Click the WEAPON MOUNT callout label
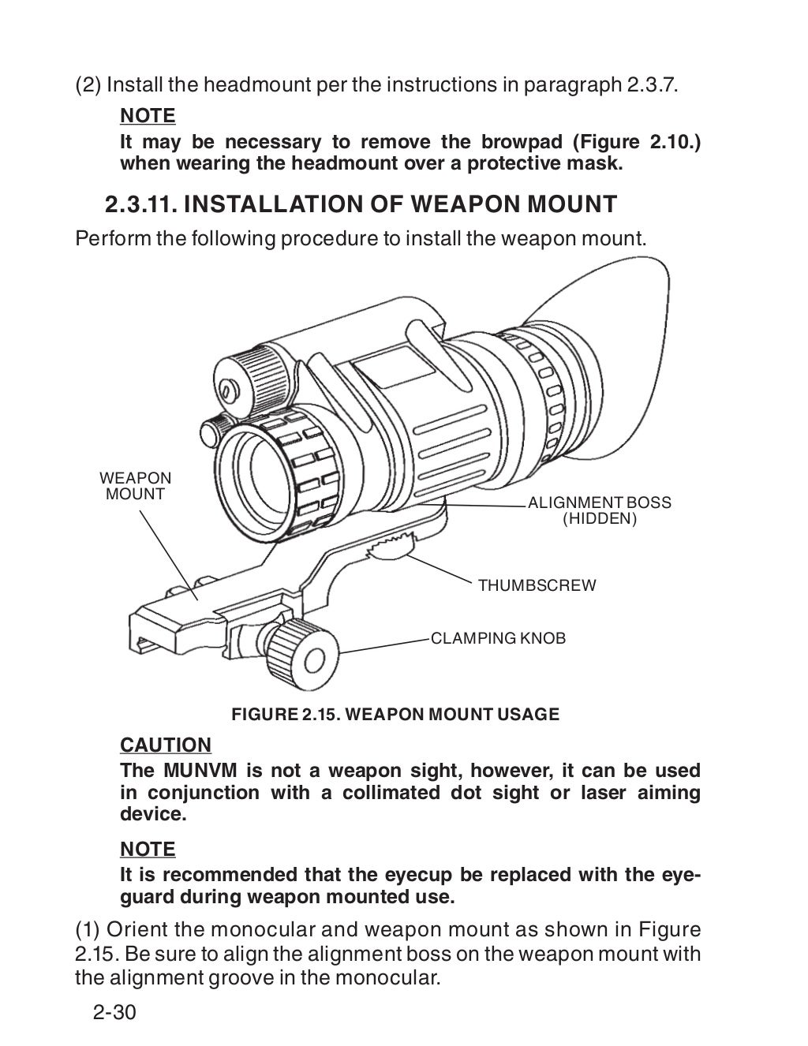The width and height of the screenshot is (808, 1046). point(135,486)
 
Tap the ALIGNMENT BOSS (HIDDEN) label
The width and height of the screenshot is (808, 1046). point(599,510)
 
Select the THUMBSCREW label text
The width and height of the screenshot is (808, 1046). point(537,585)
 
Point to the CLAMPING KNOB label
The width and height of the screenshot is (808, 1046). point(498,638)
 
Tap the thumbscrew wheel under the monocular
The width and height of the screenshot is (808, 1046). point(393,544)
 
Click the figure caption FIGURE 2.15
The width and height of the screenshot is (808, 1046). point(395,715)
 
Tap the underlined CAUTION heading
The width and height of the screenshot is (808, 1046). point(166,745)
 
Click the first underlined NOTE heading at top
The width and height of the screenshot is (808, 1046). point(148,115)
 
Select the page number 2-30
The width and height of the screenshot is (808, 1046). point(115,1012)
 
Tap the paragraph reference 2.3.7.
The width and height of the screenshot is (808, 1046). point(652,84)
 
